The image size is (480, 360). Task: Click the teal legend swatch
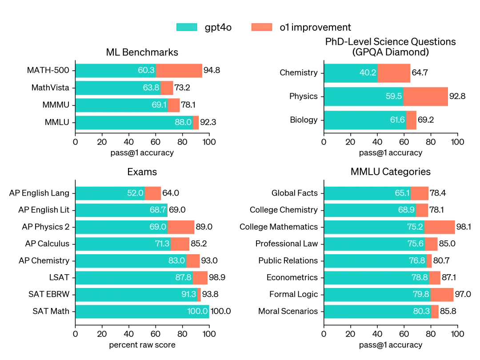point(187,27)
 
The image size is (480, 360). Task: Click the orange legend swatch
point(261,27)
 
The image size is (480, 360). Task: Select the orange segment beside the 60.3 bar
point(179,70)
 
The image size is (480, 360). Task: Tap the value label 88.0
point(183,122)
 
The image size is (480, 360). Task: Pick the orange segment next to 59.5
point(425,96)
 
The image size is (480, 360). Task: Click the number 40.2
point(368,73)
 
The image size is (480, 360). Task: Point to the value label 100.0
point(197,312)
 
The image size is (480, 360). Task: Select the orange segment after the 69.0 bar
point(181,227)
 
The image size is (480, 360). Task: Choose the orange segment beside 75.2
point(440,227)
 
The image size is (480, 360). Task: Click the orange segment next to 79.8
point(443,295)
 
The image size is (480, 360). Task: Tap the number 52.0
point(135,193)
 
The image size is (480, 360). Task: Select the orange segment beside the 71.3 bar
point(180,244)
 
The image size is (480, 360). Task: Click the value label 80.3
point(421,312)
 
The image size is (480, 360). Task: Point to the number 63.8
point(151,88)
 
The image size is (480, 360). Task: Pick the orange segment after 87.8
point(200,278)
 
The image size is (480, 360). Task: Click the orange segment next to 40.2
point(394,73)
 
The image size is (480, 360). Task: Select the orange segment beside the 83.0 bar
point(193,261)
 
